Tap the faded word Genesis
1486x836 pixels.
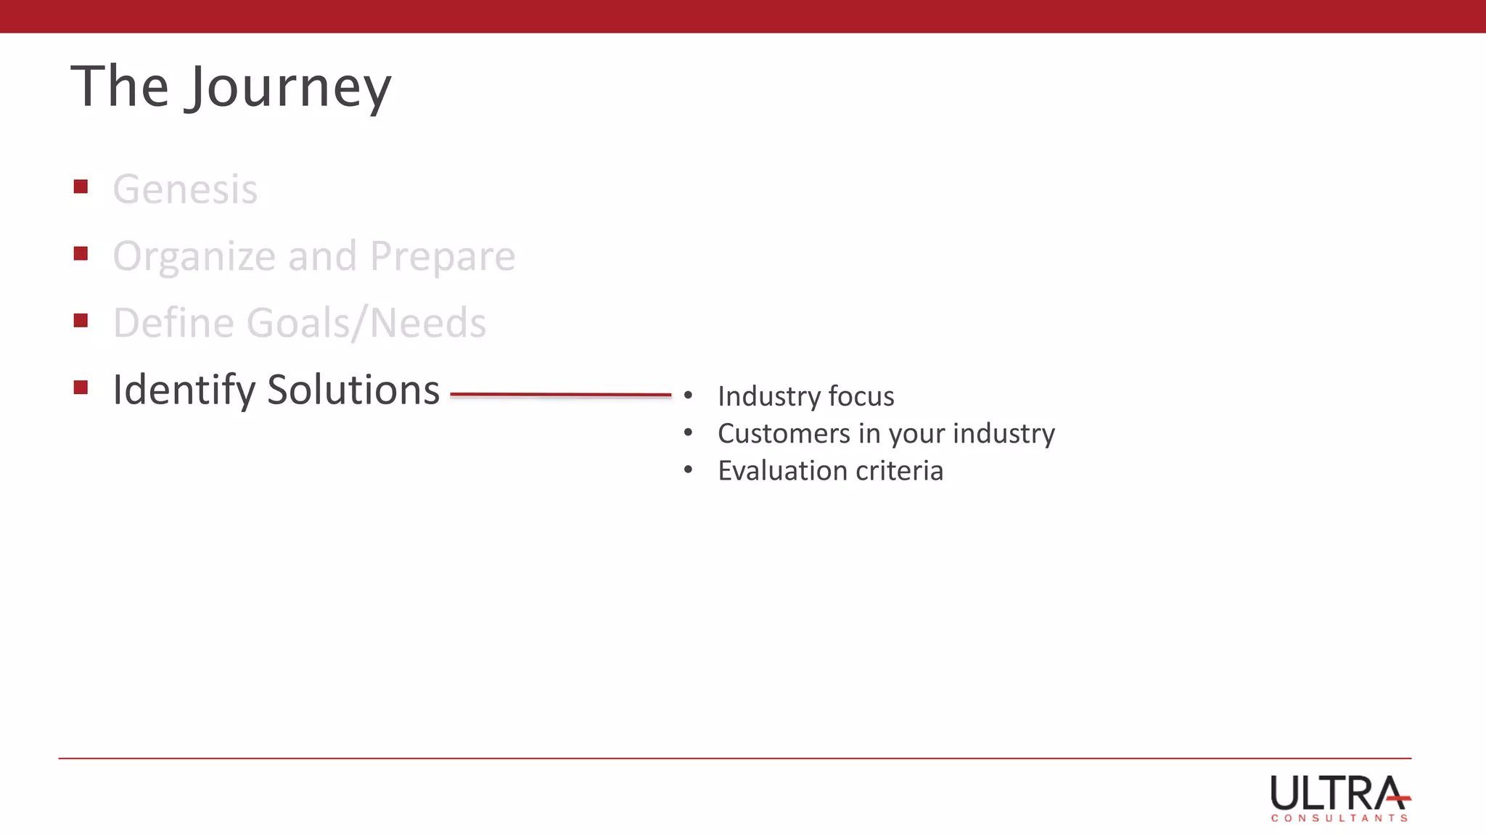(x=185, y=189)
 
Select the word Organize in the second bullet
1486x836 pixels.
(x=194, y=257)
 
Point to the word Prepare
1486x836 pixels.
(x=443, y=257)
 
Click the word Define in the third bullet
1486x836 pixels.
(x=173, y=323)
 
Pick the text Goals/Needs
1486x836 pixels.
(x=366, y=323)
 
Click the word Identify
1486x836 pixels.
(x=184, y=390)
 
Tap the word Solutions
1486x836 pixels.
(x=353, y=390)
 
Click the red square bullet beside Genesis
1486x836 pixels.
(x=81, y=187)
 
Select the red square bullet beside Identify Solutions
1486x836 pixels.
(x=81, y=388)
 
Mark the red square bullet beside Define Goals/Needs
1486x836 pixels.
(x=81, y=321)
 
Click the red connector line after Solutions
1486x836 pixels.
(x=560, y=395)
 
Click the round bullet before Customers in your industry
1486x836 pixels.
(x=688, y=433)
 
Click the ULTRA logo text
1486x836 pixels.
(x=1335, y=793)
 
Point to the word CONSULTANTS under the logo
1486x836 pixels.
(x=1339, y=818)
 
